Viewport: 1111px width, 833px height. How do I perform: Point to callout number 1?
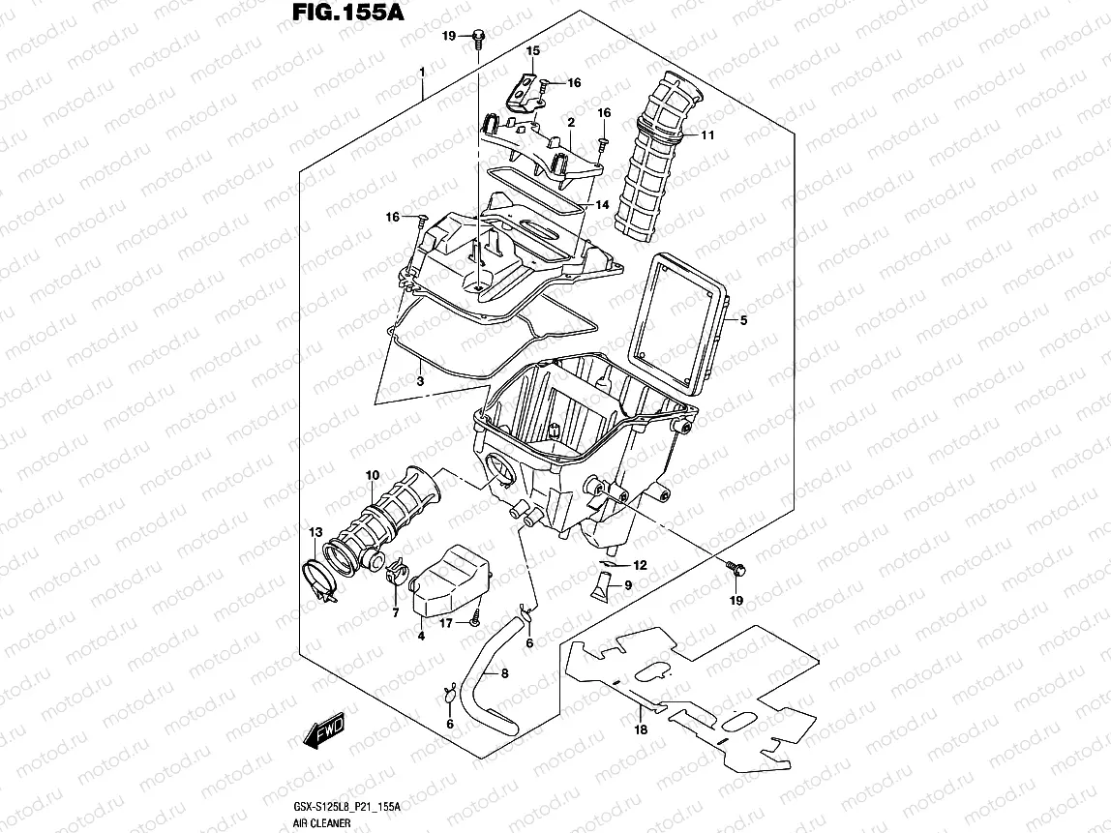coord(422,74)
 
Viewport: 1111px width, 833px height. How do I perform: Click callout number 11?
coord(707,135)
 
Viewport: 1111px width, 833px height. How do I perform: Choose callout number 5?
coord(743,319)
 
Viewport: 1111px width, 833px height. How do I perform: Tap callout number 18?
coord(640,730)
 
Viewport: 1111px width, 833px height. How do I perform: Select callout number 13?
coord(315,533)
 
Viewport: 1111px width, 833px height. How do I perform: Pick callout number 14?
coord(601,205)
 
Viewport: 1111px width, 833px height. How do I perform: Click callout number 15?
coord(532,49)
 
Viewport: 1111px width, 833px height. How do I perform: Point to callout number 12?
coord(640,565)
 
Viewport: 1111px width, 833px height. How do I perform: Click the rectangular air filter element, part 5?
coord(677,319)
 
